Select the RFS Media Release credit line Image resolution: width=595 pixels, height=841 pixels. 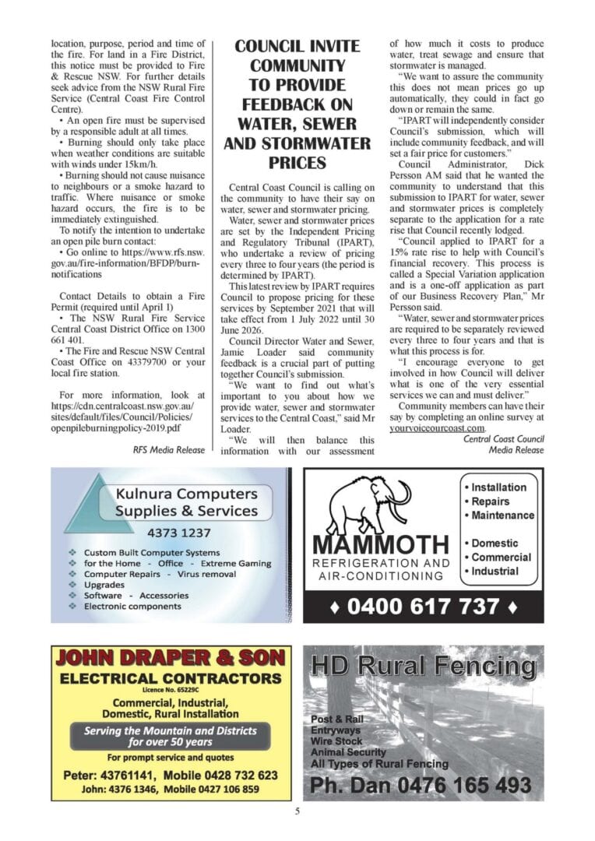(x=169, y=450)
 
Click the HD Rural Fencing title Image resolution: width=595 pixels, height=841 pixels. (x=423, y=667)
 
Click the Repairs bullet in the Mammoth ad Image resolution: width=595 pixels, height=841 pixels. (x=490, y=501)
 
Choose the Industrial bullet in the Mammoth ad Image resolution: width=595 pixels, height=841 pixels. (x=495, y=571)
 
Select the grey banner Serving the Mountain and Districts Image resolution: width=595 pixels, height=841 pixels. (x=170, y=736)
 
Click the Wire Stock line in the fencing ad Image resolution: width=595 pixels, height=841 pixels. (x=336, y=741)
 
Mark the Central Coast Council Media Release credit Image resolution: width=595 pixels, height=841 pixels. (x=503, y=445)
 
